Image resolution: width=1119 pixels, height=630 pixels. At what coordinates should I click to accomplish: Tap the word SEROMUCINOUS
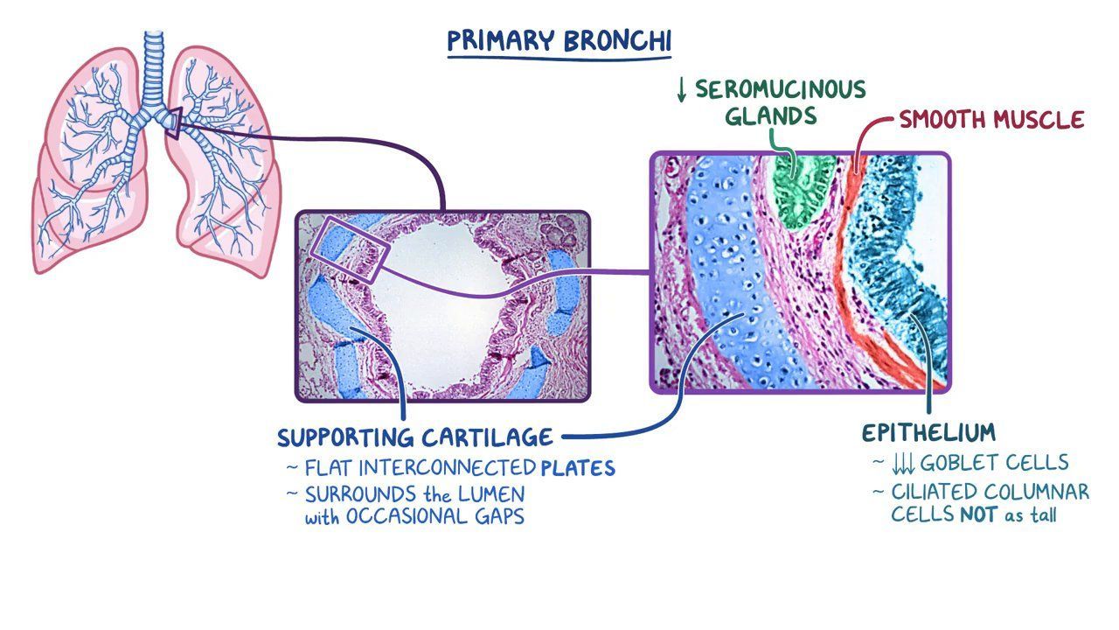click(x=781, y=89)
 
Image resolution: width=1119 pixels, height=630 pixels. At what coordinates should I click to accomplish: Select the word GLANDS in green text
click(x=770, y=116)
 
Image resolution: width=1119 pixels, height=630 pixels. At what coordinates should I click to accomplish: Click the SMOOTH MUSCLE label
click(x=991, y=120)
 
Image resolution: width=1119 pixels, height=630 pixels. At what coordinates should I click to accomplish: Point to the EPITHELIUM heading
click(x=928, y=432)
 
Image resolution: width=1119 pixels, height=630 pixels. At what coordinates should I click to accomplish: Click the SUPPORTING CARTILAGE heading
click(x=415, y=437)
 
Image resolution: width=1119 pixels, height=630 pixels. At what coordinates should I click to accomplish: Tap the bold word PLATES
click(x=577, y=468)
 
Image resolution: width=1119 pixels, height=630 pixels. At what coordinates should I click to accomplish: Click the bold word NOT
click(x=979, y=515)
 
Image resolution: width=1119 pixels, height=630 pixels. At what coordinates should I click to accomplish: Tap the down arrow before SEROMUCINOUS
click(x=682, y=90)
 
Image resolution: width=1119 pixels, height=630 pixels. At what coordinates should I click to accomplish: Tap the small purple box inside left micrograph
click(x=347, y=249)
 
